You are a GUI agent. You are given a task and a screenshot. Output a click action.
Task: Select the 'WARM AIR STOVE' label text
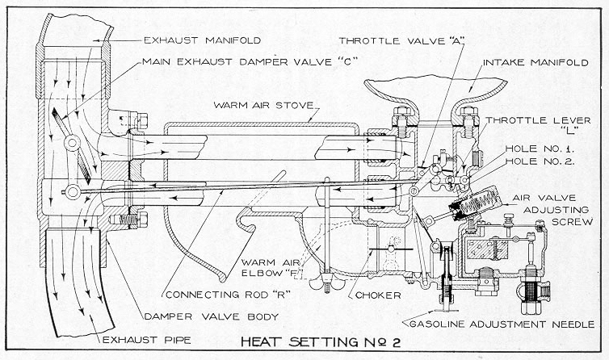(265, 106)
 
